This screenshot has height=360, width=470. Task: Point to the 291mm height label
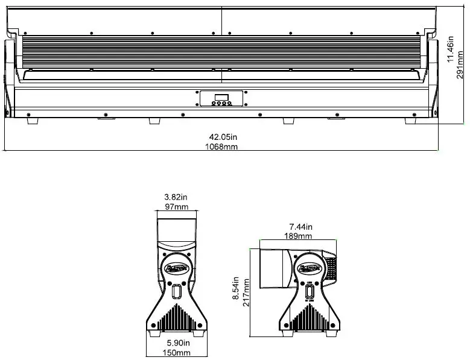pyautogui.click(x=460, y=65)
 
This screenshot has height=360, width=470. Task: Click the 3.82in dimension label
pyautogui.click(x=176, y=197)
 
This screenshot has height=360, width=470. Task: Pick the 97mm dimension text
pyautogui.click(x=176, y=207)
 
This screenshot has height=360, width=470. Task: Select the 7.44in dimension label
pyautogui.click(x=300, y=227)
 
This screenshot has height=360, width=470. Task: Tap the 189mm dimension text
pyautogui.click(x=300, y=236)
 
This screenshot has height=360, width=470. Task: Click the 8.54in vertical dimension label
pyautogui.click(x=237, y=291)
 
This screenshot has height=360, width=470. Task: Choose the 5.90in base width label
pyautogui.click(x=177, y=343)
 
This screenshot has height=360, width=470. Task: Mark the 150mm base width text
pyautogui.click(x=177, y=352)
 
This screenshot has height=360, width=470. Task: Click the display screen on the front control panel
pyautogui.click(x=221, y=96)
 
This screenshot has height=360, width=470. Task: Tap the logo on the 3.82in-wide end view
pyautogui.click(x=176, y=265)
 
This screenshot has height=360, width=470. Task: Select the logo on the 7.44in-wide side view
pyautogui.click(x=310, y=266)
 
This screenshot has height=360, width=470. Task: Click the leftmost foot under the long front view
pyautogui.click(x=33, y=121)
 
